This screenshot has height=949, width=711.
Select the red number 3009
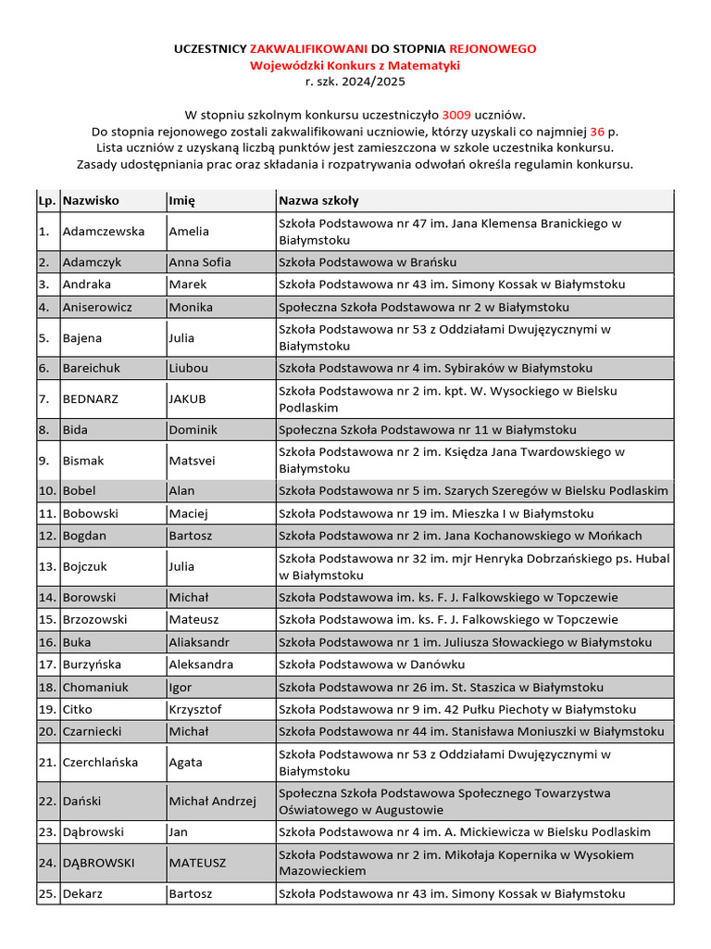456,115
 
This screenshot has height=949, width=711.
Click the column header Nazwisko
91,200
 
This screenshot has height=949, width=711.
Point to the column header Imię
181,200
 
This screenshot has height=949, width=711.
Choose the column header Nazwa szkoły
318,200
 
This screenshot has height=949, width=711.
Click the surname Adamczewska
104,232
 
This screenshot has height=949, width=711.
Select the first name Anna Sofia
200,262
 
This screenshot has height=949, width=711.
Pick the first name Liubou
189,368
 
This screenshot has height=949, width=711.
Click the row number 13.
47,566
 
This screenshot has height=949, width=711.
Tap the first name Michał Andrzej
212,801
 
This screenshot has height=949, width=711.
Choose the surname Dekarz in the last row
84,894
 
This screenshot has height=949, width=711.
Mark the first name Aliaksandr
199,642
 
